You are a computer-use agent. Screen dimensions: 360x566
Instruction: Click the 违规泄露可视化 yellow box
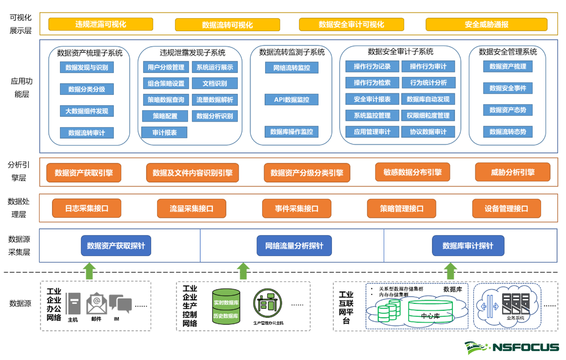click(101, 24)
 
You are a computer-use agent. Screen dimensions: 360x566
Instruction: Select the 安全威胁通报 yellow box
click(486, 25)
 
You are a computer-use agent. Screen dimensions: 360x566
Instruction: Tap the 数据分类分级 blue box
click(87, 89)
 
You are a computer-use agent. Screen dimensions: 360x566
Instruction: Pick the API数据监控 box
click(291, 100)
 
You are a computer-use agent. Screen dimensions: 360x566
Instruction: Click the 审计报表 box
click(165, 132)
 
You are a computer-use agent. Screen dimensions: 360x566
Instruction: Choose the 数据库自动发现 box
click(428, 99)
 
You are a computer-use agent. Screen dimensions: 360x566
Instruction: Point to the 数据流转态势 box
click(507, 132)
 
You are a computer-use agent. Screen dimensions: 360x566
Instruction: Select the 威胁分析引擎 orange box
click(512, 172)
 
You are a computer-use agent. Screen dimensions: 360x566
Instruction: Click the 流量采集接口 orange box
click(191, 209)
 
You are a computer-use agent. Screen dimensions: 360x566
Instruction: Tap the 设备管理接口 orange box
click(506, 209)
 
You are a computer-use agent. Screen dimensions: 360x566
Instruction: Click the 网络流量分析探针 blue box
click(294, 246)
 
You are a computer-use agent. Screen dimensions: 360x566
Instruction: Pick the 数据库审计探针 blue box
click(468, 246)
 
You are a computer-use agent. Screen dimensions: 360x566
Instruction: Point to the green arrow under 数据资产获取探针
click(89, 271)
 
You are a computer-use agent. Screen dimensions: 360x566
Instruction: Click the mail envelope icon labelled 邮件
click(96, 304)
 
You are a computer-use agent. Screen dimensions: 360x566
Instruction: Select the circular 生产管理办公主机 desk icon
click(267, 303)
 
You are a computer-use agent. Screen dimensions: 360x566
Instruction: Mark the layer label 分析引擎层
click(19, 171)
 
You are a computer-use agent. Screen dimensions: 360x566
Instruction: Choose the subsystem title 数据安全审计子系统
click(400, 52)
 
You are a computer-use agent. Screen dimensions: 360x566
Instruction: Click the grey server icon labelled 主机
click(73, 303)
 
